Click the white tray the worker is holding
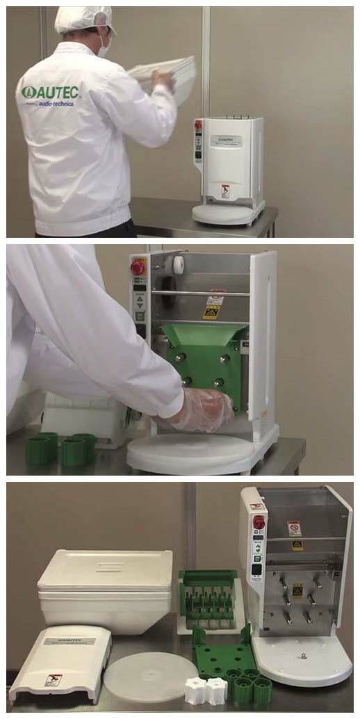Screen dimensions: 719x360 (x=167, y=76)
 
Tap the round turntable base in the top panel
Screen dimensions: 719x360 (x=228, y=213)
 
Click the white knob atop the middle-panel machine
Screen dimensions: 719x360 (x=179, y=264)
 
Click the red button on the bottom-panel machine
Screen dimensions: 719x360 (x=259, y=522)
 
